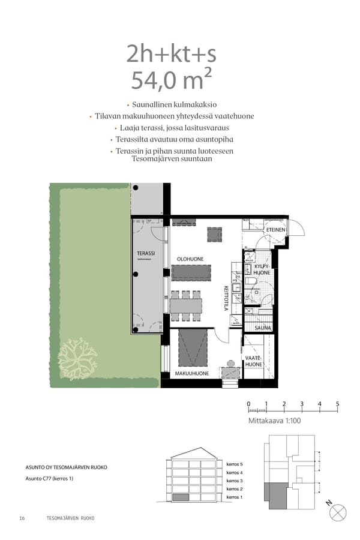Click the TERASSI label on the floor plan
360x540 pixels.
(146, 253)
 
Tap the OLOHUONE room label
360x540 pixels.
(190, 259)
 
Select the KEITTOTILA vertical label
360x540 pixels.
(227, 298)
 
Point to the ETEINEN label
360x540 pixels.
(276, 230)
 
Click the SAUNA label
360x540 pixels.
(262, 328)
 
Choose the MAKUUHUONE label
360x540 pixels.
(192, 373)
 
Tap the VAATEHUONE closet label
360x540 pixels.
(253, 361)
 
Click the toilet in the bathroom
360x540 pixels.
(251, 281)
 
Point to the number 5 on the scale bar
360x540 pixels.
(338, 404)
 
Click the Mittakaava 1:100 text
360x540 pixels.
(274, 421)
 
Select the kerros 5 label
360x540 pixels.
(235, 464)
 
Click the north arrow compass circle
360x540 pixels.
(338, 512)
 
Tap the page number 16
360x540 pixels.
(22, 518)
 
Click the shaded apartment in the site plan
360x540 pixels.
(274, 493)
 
